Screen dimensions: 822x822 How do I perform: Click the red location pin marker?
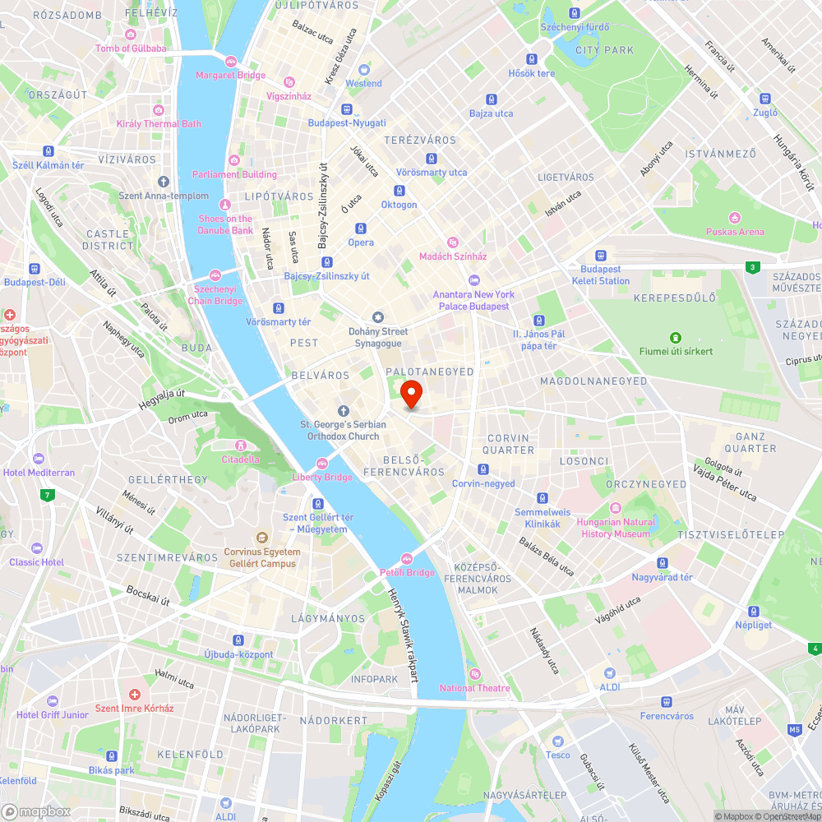click(410, 394)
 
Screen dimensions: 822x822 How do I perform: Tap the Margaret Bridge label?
click(230, 75)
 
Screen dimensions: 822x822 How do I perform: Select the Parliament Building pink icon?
click(234, 159)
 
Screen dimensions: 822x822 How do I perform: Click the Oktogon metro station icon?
click(399, 191)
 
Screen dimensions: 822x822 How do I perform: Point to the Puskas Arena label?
click(734, 232)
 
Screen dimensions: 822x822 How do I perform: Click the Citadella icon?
click(240, 446)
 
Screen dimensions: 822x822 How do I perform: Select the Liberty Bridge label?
click(322, 477)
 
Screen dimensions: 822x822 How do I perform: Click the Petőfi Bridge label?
click(407, 572)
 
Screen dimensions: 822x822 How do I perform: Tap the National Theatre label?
click(474, 688)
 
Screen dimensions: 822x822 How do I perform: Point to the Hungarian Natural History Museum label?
click(616, 528)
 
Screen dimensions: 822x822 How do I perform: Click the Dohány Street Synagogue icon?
click(378, 317)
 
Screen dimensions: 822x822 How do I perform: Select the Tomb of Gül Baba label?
click(131, 48)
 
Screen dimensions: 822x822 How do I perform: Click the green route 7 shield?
click(48, 495)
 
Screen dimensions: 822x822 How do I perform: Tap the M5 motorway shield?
click(794, 729)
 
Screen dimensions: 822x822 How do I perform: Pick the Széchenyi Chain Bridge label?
click(219, 295)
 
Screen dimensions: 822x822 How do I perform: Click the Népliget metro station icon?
click(754, 611)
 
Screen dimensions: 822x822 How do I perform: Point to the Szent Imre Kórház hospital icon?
click(134, 695)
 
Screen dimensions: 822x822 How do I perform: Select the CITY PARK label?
click(604, 50)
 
